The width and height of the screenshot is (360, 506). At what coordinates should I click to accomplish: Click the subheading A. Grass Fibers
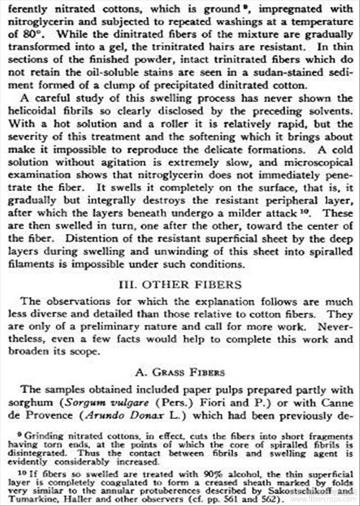click(180, 372)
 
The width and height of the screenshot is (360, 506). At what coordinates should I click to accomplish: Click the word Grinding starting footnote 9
click(42, 436)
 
